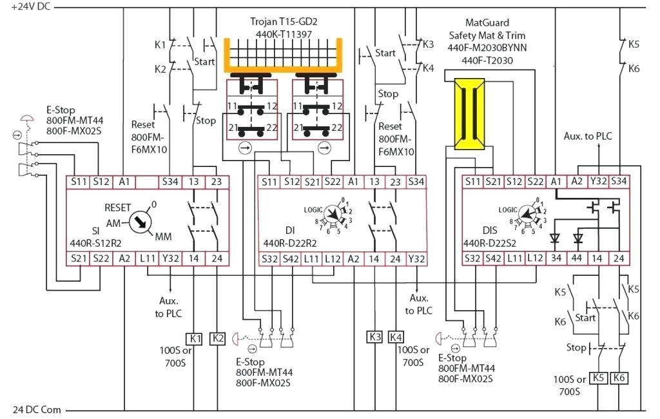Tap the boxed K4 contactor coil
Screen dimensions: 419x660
point(396,337)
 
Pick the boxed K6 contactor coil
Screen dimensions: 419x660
point(619,378)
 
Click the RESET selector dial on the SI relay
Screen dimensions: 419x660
point(141,222)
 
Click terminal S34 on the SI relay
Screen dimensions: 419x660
point(170,182)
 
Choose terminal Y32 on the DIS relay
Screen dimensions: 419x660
point(598,182)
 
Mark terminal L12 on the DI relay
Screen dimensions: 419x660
point(333,258)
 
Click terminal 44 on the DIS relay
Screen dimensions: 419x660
point(577,258)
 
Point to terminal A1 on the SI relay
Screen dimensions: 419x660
point(124,182)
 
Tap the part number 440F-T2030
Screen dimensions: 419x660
point(491,60)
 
